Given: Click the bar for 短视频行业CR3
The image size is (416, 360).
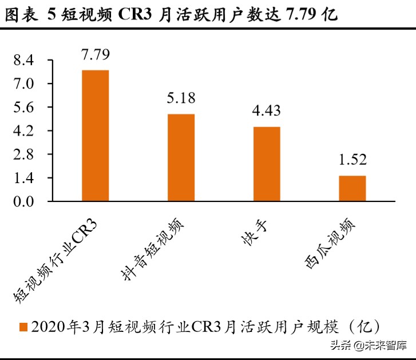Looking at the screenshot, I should (95, 136).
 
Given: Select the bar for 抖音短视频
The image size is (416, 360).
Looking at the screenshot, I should (181, 158).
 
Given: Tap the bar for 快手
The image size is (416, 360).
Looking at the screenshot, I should (266, 164).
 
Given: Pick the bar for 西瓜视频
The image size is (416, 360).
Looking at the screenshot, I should (352, 188).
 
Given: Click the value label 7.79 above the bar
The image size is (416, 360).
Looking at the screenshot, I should (95, 56).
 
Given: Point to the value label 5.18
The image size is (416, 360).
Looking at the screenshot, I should (181, 98).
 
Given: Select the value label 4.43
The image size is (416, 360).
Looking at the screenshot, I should (266, 110).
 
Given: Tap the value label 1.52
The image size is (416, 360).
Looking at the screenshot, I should (352, 160).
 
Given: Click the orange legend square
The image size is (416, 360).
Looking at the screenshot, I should (23, 327).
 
